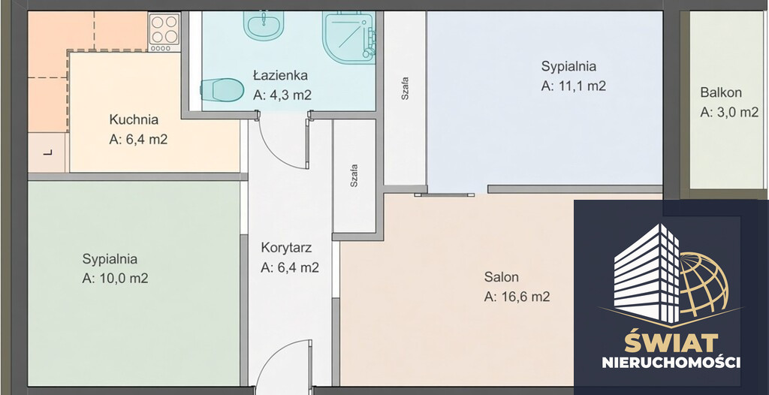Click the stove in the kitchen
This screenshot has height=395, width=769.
164,32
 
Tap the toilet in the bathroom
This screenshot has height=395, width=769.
222,90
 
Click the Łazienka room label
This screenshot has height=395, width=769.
281,76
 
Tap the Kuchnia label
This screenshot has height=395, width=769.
134,119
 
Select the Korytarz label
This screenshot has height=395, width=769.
286,247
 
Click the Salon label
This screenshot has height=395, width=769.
501,277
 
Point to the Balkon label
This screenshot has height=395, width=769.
721,92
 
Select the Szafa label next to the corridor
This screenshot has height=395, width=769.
354,176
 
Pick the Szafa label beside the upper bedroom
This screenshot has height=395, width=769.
405,89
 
